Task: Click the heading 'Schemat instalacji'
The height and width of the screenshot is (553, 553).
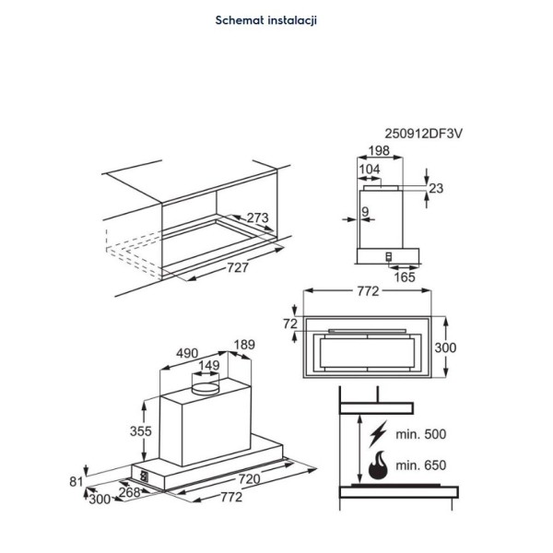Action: (265, 19)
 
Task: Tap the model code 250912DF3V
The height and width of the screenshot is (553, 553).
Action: (423, 134)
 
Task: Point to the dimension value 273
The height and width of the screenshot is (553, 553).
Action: (258, 218)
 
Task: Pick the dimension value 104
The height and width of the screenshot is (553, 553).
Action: (369, 169)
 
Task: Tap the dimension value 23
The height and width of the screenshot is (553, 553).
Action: (436, 188)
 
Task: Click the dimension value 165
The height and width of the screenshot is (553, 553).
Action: (405, 276)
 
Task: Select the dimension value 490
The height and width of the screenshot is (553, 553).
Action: (188, 353)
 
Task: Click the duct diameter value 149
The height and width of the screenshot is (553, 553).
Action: (210, 366)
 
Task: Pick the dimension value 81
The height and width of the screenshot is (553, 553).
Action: (76, 480)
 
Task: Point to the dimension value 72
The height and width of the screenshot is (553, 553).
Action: (292, 324)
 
